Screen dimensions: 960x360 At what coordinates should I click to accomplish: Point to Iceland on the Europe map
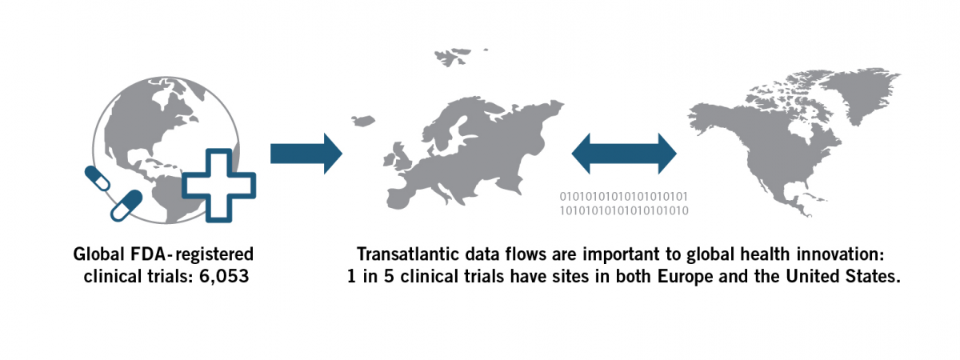(x=362, y=122)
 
